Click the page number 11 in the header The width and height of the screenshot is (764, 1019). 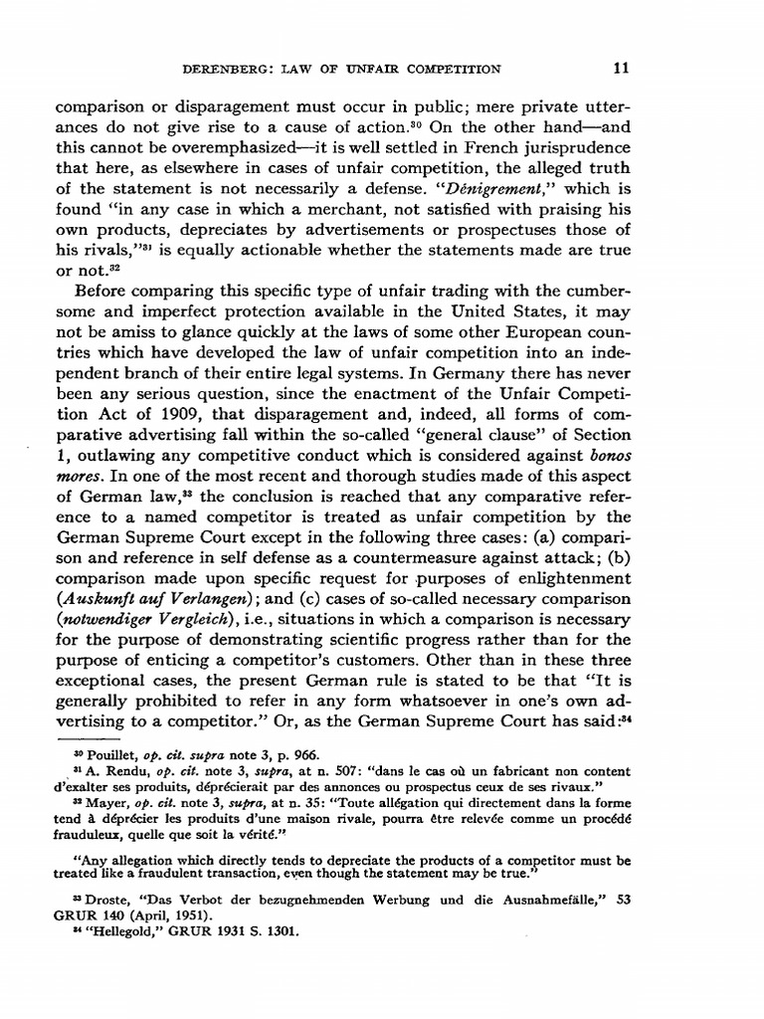tap(698, 69)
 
